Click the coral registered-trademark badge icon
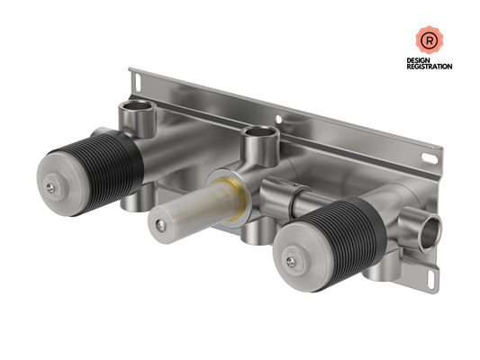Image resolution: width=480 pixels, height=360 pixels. pos(429,40)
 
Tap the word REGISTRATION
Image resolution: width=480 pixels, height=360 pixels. pos(430,67)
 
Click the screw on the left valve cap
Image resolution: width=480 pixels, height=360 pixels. pos(50,188)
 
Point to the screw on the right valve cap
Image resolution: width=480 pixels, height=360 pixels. pos(291,261)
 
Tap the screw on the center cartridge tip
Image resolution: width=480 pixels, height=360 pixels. pos(160,226)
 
